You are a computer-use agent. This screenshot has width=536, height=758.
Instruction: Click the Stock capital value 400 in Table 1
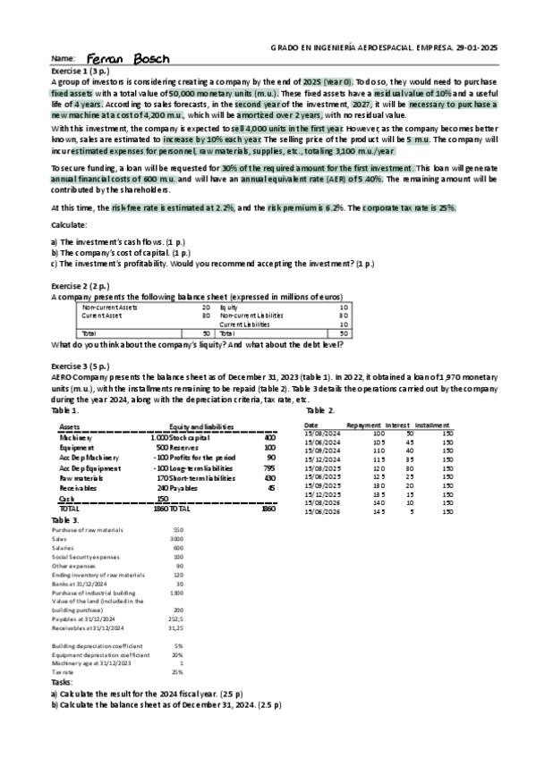tap(269, 438)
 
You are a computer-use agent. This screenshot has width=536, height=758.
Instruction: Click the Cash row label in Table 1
tap(65, 498)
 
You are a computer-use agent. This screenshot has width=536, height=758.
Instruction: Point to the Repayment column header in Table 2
tap(364, 425)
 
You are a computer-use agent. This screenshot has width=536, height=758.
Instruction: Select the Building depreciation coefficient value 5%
tap(178, 644)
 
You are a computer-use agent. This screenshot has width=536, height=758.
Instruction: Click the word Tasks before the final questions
tap(64, 682)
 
